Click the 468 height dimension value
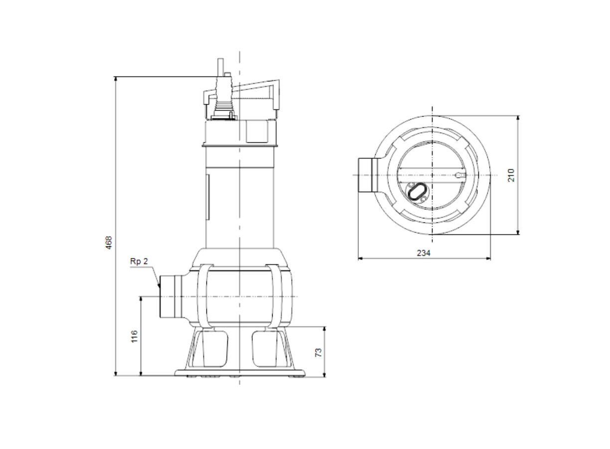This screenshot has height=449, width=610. (109, 242)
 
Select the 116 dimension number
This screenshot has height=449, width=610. (135, 336)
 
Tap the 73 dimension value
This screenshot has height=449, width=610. (318, 353)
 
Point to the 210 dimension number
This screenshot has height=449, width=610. (511, 175)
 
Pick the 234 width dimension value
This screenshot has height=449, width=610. (424, 253)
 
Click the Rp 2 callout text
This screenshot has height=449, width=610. (139, 261)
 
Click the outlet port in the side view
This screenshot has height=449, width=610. (171, 297)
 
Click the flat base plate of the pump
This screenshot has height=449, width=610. (240, 373)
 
